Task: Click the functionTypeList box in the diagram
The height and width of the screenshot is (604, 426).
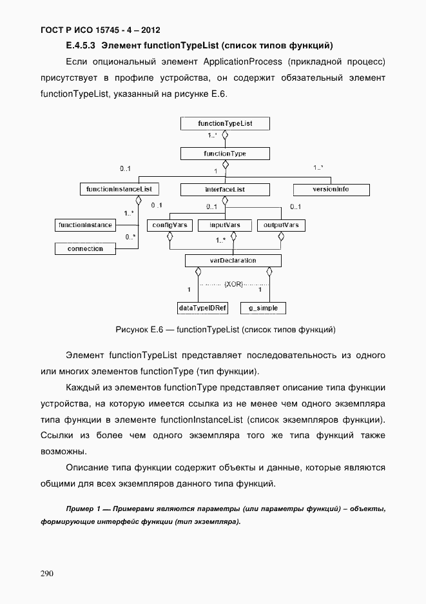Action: coord(225,123)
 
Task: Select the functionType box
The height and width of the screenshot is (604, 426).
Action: coord(225,154)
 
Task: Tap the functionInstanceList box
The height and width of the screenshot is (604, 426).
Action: coord(119,189)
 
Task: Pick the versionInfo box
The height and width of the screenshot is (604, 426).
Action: coord(331,190)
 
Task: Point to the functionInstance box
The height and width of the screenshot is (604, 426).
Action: coord(86,225)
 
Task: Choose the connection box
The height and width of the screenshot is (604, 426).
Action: coord(86,248)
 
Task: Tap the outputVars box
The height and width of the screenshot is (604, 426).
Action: coord(281,225)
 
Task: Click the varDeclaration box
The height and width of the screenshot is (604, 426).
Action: coord(233,261)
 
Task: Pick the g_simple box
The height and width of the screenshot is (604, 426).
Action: coord(263,308)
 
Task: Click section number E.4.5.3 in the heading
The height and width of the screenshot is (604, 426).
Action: coord(81,46)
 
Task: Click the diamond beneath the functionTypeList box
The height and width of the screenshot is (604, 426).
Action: coord(226,136)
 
